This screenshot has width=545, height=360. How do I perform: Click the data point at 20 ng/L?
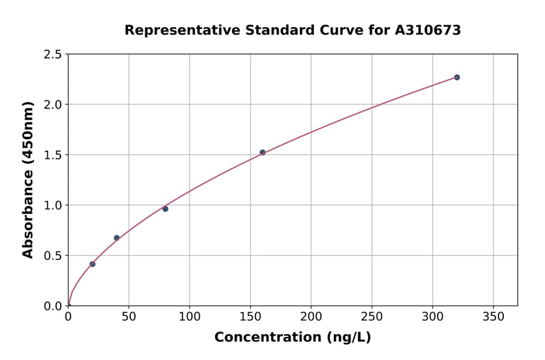click(92, 264)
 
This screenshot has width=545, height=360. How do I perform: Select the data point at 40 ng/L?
click(117, 238)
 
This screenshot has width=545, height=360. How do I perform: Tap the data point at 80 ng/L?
click(165, 208)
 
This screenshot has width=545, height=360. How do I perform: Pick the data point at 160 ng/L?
click(262, 152)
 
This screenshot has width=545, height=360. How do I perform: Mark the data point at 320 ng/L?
click(457, 77)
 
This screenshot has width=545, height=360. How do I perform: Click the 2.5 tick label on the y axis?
click(53, 55)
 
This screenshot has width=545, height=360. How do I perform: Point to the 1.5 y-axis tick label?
click(53, 155)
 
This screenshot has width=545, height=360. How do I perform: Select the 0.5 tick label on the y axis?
click(53, 256)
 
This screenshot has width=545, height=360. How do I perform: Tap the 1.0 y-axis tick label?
click(53, 205)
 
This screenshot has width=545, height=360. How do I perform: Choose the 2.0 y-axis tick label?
click(53, 105)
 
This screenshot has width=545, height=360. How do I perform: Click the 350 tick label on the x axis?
click(494, 317)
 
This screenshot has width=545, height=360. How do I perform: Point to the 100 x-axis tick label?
click(190, 317)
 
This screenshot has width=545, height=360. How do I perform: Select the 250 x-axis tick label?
click(372, 317)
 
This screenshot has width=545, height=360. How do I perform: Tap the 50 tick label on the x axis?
click(129, 317)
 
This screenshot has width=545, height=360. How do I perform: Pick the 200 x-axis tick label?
click(311, 317)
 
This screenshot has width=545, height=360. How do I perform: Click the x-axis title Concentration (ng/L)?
click(292, 338)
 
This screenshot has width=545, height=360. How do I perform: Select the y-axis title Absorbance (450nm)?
click(28, 179)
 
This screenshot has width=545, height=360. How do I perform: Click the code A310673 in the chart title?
click(428, 30)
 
